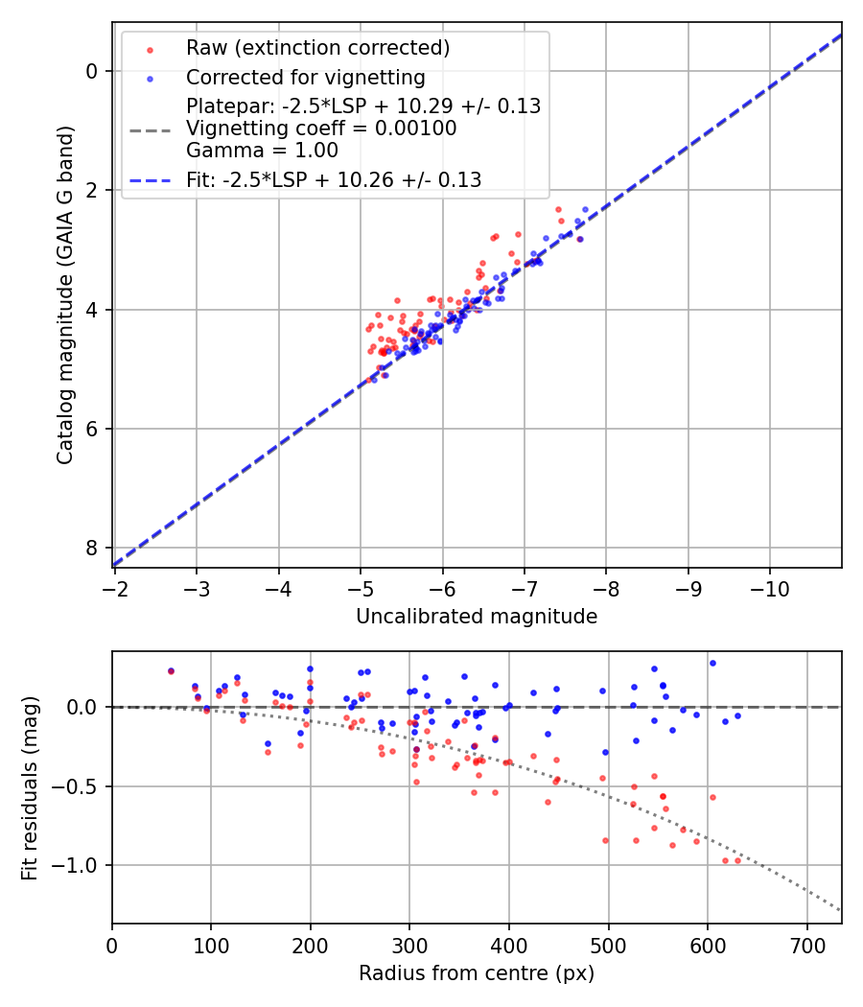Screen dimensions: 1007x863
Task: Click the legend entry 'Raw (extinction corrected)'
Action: (317, 48)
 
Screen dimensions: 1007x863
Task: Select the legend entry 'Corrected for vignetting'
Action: (305, 77)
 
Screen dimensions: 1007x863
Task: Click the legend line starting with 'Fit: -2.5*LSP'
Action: (334, 179)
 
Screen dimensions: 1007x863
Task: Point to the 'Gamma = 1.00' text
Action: (262, 150)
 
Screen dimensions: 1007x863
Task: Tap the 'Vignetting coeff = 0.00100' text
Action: (321, 129)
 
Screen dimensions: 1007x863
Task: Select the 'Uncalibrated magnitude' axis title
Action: (477, 617)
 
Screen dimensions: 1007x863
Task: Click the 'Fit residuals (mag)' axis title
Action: (30, 787)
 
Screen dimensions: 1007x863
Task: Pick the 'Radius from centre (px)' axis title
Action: (477, 973)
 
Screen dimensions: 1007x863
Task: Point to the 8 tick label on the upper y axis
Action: (92, 548)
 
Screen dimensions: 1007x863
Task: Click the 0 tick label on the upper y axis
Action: (92, 71)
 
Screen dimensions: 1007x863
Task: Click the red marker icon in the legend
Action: (150, 49)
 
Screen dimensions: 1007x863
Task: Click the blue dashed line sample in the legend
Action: (150, 180)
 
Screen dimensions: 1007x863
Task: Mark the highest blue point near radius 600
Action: (712, 663)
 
